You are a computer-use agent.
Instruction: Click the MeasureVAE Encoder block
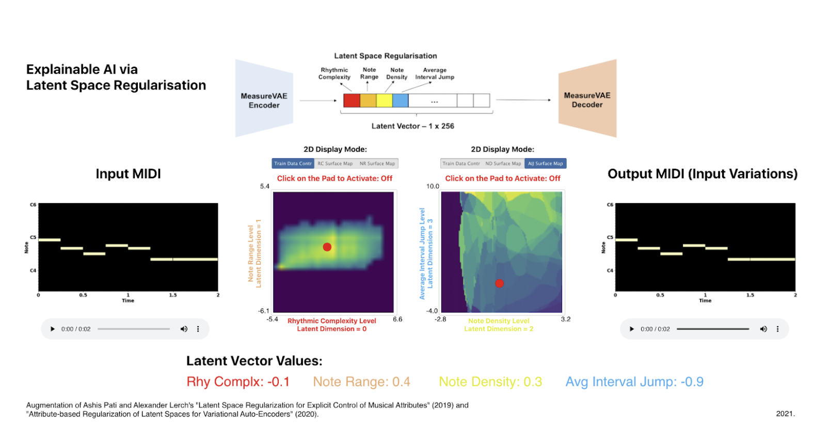point(264,100)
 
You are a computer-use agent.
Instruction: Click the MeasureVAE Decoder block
point(587,100)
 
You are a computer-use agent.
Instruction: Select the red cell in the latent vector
point(352,100)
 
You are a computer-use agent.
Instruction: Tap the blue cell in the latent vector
point(400,100)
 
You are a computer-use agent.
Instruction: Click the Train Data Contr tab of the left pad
point(293,163)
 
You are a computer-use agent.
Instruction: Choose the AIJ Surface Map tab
point(545,163)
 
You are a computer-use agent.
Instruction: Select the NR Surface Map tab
point(377,163)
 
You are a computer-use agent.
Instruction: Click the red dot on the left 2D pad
point(327,247)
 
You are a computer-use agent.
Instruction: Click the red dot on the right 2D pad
point(499,283)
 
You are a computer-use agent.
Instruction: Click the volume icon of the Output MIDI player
point(763,329)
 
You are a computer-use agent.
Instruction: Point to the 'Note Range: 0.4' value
point(361,382)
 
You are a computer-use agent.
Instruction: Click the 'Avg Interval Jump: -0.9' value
point(634,382)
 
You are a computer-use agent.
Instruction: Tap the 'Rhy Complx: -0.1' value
point(238,382)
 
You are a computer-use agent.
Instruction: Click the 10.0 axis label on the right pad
point(433,186)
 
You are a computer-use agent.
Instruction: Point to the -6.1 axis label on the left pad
point(264,311)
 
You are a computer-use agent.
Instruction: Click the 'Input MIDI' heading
point(128,174)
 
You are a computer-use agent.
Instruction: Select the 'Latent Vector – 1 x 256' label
point(412,126)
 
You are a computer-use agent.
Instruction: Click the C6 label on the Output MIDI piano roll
point(610,205)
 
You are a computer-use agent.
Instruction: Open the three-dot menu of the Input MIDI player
point(198,329)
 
